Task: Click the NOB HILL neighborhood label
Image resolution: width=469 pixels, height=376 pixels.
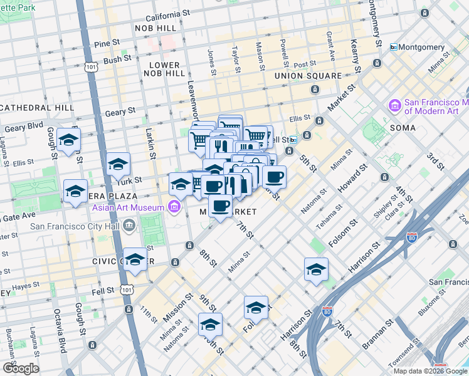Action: click(x=157, y=28)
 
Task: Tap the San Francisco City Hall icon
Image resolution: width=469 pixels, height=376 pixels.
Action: click(x=129, y=225)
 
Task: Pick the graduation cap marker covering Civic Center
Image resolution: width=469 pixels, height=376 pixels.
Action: click(x=135, y=259)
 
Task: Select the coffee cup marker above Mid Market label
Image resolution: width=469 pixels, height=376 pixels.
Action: click(x=220, y=206)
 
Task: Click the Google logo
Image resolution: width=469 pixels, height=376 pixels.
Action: click(x=21, y=368)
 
